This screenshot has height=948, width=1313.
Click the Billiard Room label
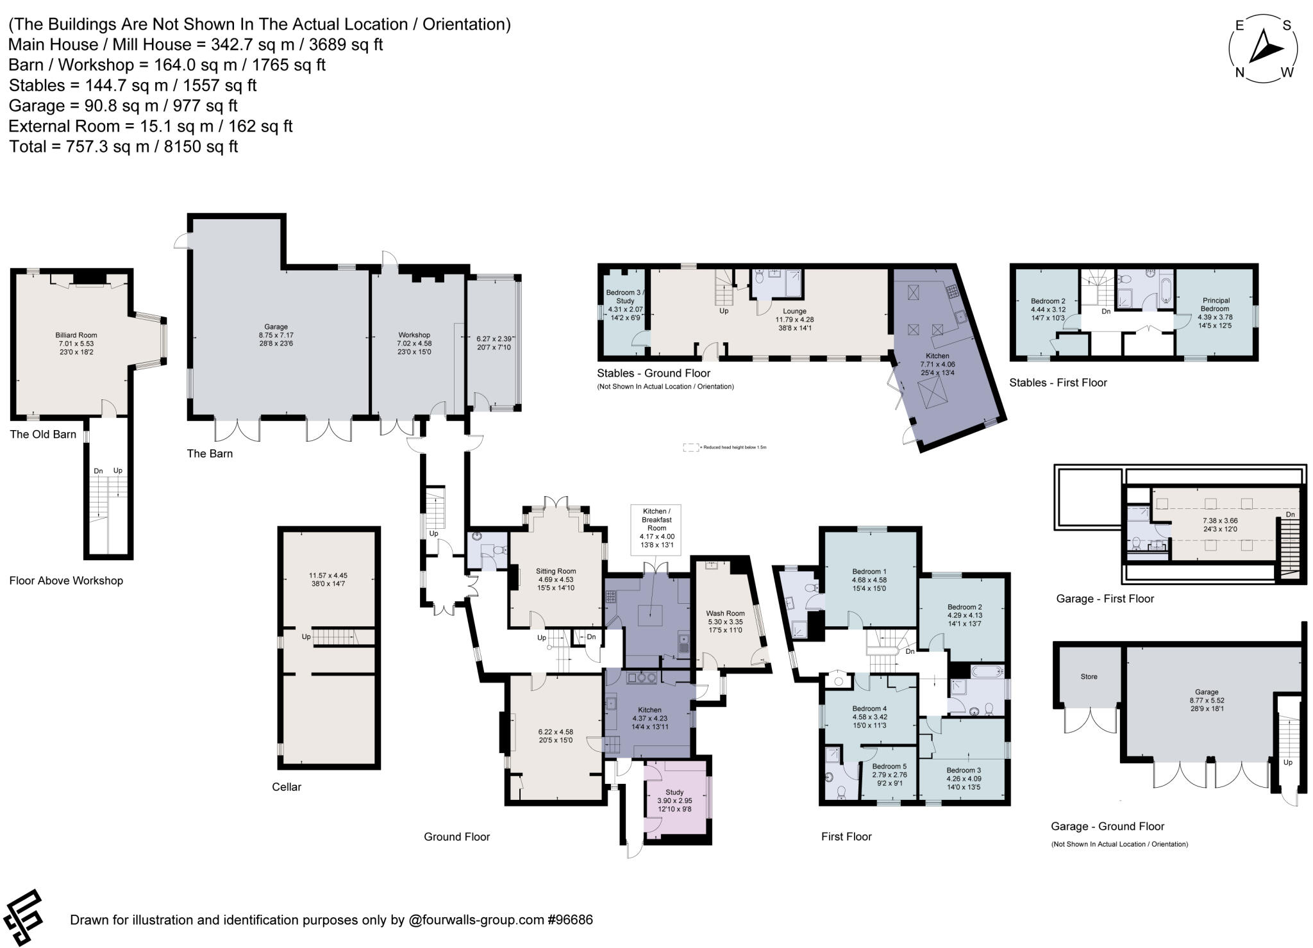point(76,335)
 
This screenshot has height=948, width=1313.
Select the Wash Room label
point(725,613)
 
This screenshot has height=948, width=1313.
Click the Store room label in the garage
point(1089,676)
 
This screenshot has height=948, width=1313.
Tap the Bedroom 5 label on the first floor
point(889,766)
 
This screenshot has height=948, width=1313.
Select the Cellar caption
point(286,787)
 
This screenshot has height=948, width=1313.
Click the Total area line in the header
point(123,147)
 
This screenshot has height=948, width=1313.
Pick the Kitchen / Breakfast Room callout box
point(656,528)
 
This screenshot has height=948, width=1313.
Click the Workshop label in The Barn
point(414,335)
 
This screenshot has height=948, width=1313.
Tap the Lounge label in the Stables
point(794,311)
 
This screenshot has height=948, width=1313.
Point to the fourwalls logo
point(23,918)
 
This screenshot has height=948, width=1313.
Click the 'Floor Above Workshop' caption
point(66,581)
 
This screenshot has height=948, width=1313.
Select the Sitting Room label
point(556,571)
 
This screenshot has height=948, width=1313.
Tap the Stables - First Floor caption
point(1058,383)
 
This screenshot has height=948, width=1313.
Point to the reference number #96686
point(569,920)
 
